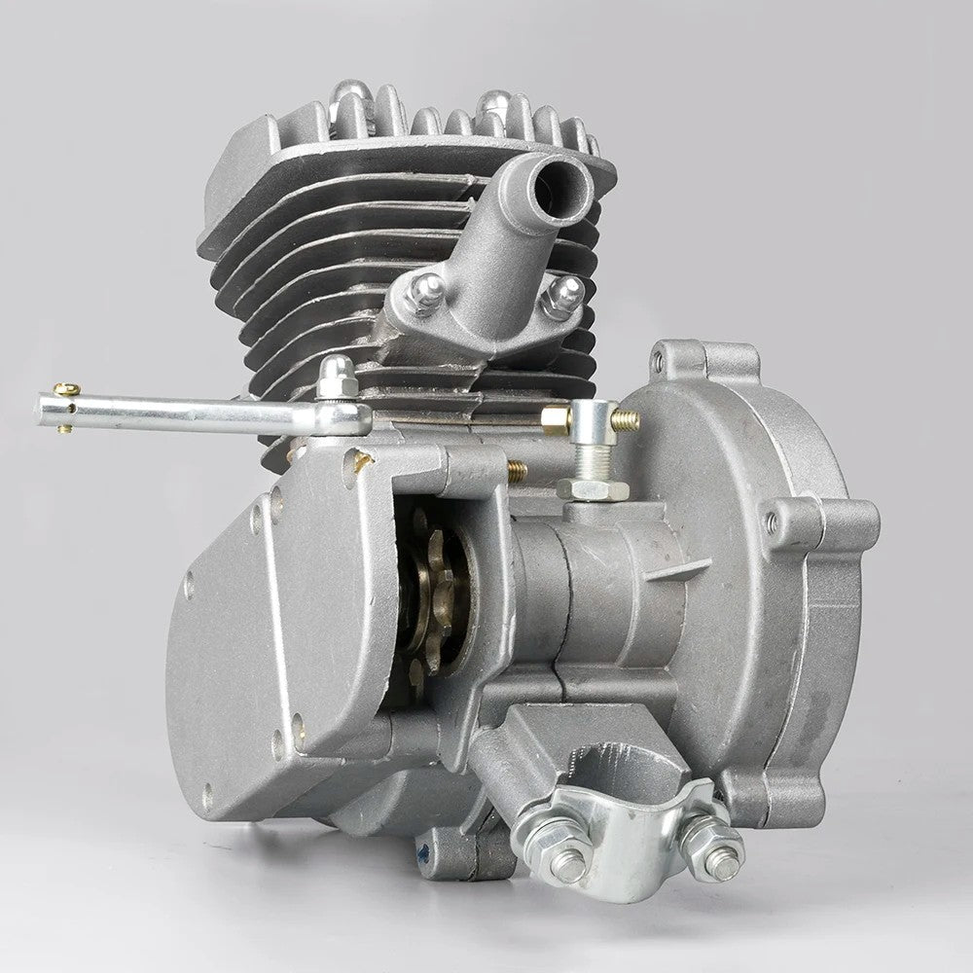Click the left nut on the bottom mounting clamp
(x=567, y=860)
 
